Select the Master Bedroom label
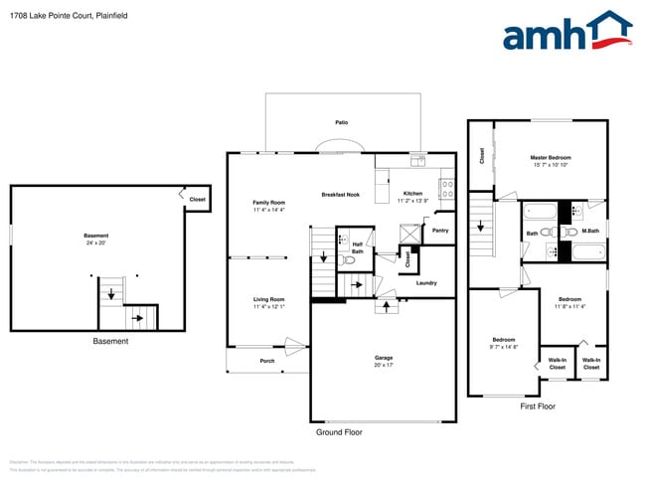[x=551, y=157]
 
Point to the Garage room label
[x=383, y=358]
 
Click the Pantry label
[x=440, y=230]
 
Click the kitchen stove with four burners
[x=447, y=184]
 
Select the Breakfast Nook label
[x=340, y=195]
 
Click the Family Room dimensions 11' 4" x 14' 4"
[x=268, y=210]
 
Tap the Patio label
[x=341, y=122]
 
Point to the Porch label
[x=267, y=361]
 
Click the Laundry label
[x=426, y=283]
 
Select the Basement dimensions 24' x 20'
[x=95, y=242]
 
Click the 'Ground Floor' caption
[x=339, y=432]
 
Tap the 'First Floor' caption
[x=538, y=405]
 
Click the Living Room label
[x=268, y=299]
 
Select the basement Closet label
[x=197, y=200]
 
